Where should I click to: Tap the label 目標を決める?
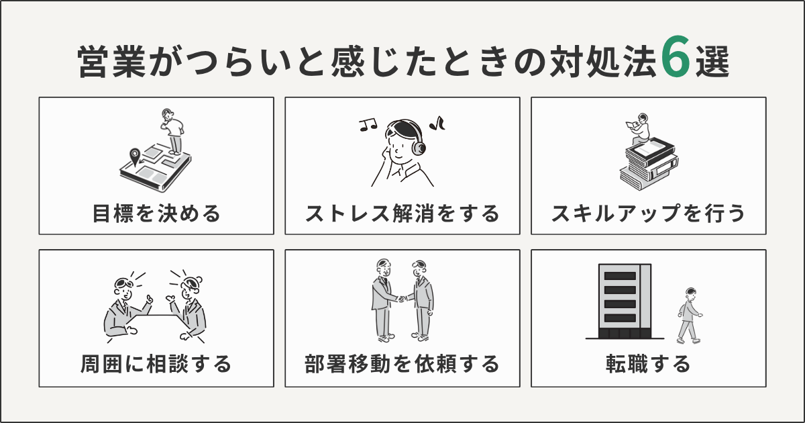click(156, 214)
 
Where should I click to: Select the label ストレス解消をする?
click(402, 214)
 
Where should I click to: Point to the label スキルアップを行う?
click(648, 214)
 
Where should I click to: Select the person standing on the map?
click(173, 131)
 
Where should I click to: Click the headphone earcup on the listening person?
click(420, 146)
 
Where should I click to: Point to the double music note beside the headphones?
click(368, 124)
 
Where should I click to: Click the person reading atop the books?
click(639, 128)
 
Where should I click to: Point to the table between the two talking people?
click(156, 315)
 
